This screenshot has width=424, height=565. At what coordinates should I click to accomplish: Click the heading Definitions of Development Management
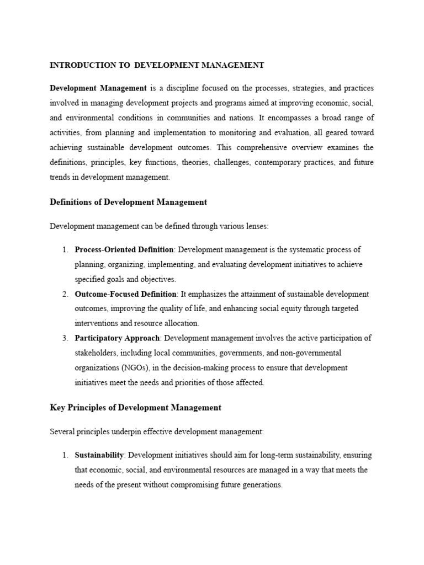pos(128,202)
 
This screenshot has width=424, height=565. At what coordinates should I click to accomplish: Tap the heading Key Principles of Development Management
pos(135,407)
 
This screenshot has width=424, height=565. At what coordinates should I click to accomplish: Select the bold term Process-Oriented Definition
pos(124,250)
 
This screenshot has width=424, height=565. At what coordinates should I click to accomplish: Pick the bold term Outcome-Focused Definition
pos(125,294)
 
